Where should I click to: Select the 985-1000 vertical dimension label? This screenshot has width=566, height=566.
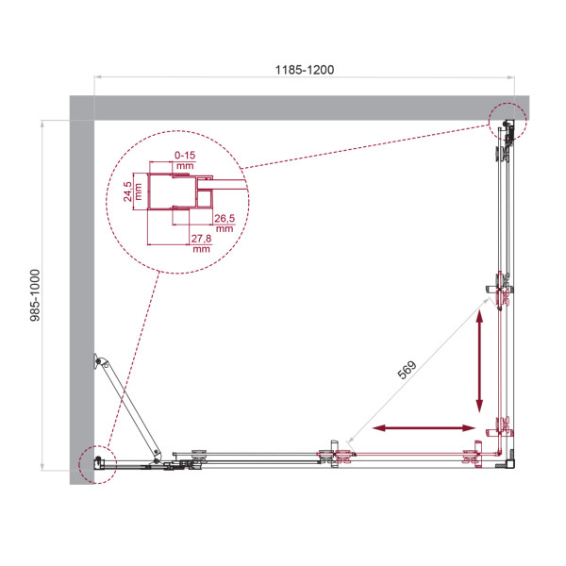tap(36, 293)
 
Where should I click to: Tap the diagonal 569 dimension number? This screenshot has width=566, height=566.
tap(408, 371)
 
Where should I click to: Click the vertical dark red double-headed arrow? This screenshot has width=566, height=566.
tap(480, 358)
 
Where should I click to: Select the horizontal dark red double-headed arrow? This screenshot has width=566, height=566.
tap(424, 428)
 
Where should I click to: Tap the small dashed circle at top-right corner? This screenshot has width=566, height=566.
tap(508, 120)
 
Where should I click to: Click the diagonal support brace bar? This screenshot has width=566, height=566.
tap(132, 408)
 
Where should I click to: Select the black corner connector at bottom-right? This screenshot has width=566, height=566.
tap(511, 462)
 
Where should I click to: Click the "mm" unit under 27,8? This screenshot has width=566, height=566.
tap(201, 250)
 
